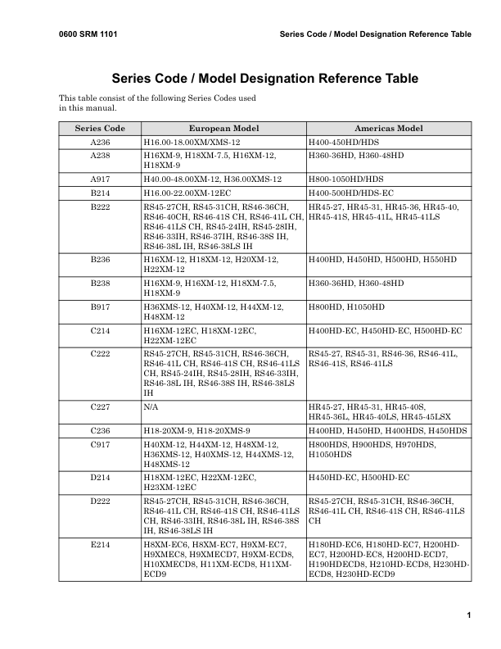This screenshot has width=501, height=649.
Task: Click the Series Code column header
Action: (x=100, y=129)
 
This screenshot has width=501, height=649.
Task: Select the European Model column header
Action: (x=223, y=129)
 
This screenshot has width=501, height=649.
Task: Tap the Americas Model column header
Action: (x=388, y=129)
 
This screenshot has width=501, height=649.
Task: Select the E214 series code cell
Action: (x=100, y=543)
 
